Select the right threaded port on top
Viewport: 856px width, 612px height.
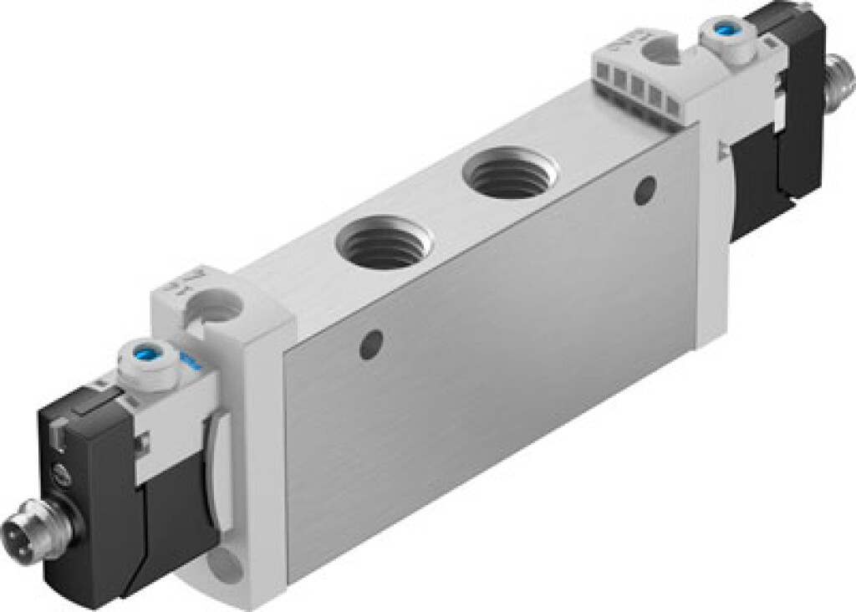pos(509,173)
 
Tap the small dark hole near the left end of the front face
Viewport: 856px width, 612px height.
pos(371,344)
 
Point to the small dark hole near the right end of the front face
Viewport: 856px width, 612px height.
pos(644,191)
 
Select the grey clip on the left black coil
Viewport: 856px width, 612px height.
pos(57,432)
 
